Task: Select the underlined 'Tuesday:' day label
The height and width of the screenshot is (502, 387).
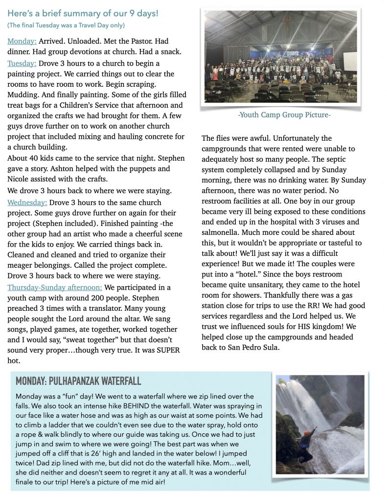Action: click(x=22, y=63)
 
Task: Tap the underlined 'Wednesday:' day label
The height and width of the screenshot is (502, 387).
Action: click(x=27, y=202)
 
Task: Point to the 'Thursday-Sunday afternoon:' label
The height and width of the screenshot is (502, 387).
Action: click(x=55, y=287)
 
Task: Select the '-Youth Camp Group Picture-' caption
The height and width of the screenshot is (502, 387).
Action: click(x=284, y=115)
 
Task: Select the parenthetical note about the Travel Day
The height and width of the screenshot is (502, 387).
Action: click(x=66, y=25)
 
